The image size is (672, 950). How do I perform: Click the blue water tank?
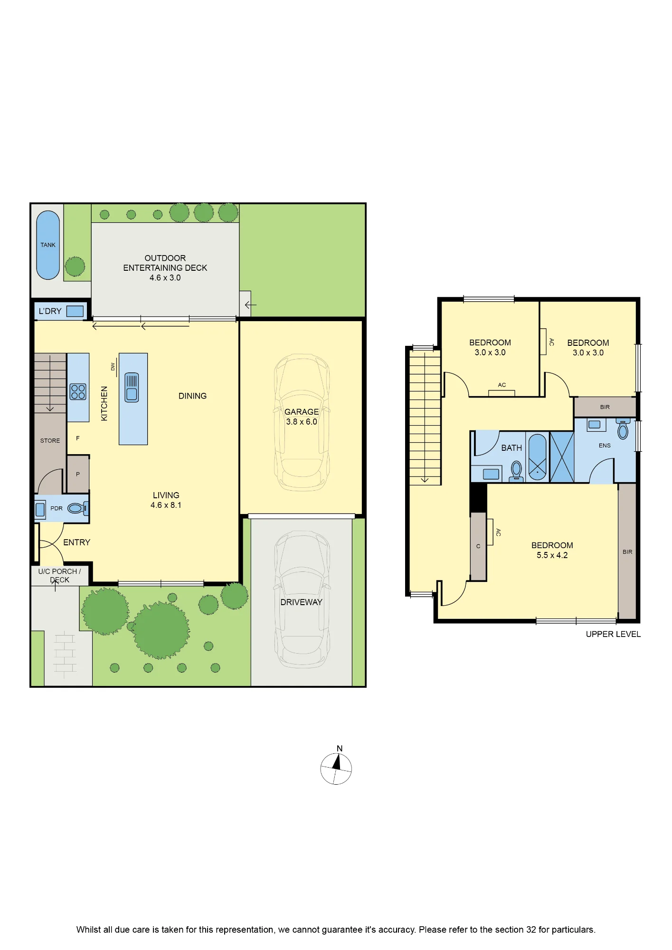pos(48,245)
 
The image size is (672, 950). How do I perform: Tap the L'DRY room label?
pos(50,311)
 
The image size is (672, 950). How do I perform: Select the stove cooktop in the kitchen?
pos(78,392)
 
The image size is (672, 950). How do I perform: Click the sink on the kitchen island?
pos(132,387)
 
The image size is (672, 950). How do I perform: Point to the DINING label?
pos(192,396)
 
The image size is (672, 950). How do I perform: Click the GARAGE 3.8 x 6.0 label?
pos(302,417)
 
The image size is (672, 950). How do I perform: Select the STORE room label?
pos(50,441)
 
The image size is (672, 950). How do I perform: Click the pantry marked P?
pos(78,474)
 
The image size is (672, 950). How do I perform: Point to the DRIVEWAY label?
pos(301,602)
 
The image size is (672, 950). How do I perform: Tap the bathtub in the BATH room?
pos(537,457)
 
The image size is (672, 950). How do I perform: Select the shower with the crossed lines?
pos(562,456)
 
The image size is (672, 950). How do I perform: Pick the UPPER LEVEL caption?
pos(613,634)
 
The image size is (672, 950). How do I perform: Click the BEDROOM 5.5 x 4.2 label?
pos(552,550)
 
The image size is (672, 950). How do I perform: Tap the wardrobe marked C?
pos(478,546)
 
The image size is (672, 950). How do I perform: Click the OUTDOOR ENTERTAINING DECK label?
pos(165,268)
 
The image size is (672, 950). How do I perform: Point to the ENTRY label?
pos(76,542)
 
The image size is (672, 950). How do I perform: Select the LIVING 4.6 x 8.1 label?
pos(166,500)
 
